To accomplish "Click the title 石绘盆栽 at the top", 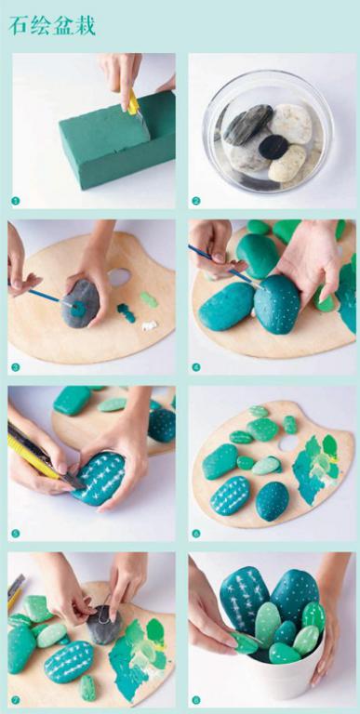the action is click(52, 26).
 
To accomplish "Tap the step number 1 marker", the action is click(16, 201).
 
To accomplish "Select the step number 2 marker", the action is click(196, 201).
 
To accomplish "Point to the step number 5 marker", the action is click(16, 534).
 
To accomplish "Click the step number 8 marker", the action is click(196, 700).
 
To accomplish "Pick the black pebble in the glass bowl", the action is click(273, 147).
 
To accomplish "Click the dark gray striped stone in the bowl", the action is click(247, 125).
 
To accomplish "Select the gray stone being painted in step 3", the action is click(80, 303).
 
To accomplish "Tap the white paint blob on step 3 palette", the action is click(149, 325).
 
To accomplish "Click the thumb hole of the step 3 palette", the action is click(120, 276).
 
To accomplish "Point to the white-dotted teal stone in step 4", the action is click(277, 304).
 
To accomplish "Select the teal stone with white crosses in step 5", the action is click(99, 478).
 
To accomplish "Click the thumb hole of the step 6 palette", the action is click(288, 443).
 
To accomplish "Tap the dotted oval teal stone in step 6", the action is click(273, 500).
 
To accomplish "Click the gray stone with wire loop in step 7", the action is click(104, 625).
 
